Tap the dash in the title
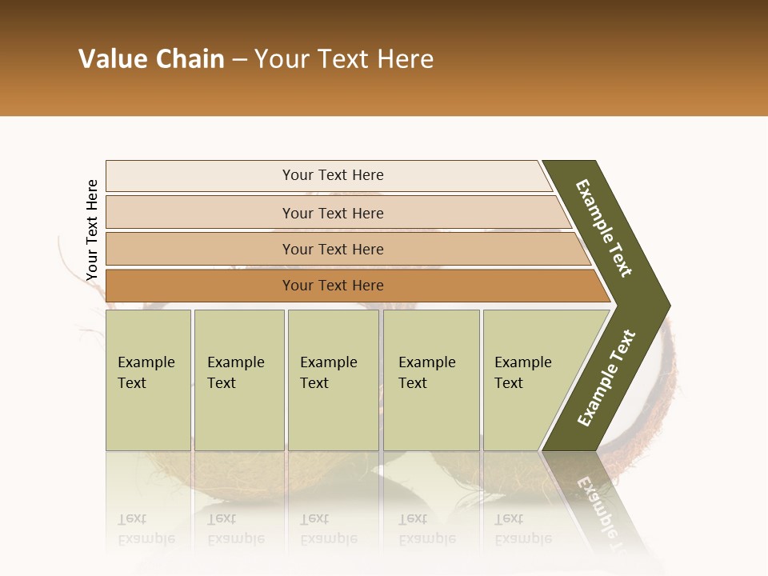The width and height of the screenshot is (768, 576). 239,60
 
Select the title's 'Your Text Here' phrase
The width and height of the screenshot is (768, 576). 344,59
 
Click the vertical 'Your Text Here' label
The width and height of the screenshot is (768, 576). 92,230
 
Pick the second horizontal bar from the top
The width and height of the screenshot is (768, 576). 333,213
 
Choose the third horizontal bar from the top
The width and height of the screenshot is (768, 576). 333,249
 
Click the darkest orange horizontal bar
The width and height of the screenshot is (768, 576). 333,286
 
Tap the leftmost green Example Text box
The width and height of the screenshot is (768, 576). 148,380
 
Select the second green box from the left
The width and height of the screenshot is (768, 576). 238,380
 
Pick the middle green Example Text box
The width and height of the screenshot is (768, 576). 333,380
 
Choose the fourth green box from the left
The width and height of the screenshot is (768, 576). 430,380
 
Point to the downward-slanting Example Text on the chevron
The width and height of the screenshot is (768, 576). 604,228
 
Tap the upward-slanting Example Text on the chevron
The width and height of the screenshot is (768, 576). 606,378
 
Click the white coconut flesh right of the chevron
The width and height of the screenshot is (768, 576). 656,400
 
